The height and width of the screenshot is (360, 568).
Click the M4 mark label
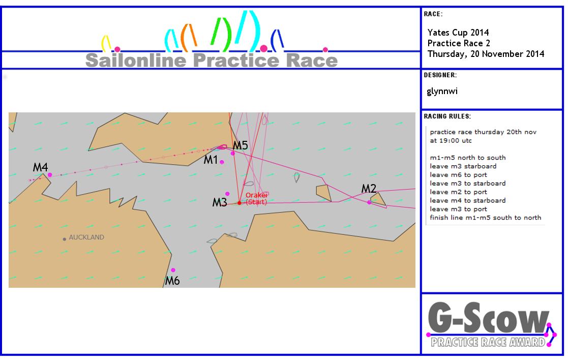[40, 167]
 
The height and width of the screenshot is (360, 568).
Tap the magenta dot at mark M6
[173, 270]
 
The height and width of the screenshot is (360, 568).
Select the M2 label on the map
[369, 188]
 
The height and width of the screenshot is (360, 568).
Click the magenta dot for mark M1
[222, 162]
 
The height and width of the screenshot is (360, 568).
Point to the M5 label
[240, 145]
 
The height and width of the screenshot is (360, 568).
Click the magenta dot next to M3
[227, 194]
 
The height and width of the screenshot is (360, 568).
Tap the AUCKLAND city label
[86, 237]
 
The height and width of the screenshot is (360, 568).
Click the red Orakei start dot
[240, 203]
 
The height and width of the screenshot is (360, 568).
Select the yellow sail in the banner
[106, 43]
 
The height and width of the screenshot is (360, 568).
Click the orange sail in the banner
[188, 37]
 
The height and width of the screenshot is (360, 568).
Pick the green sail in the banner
[221, 34]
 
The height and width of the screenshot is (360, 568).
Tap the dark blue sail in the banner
[277, 40]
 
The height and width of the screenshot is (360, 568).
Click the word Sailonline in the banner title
[136, 60]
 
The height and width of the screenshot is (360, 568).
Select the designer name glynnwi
[442, 91]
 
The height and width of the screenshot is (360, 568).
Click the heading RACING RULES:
[447, 116]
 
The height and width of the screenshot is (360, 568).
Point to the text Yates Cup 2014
[458, 33]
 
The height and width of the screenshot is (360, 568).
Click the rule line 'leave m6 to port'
[459, 175]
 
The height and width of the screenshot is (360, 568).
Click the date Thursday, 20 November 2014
[486, 54]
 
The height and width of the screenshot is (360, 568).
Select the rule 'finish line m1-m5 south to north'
[486, 218]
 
